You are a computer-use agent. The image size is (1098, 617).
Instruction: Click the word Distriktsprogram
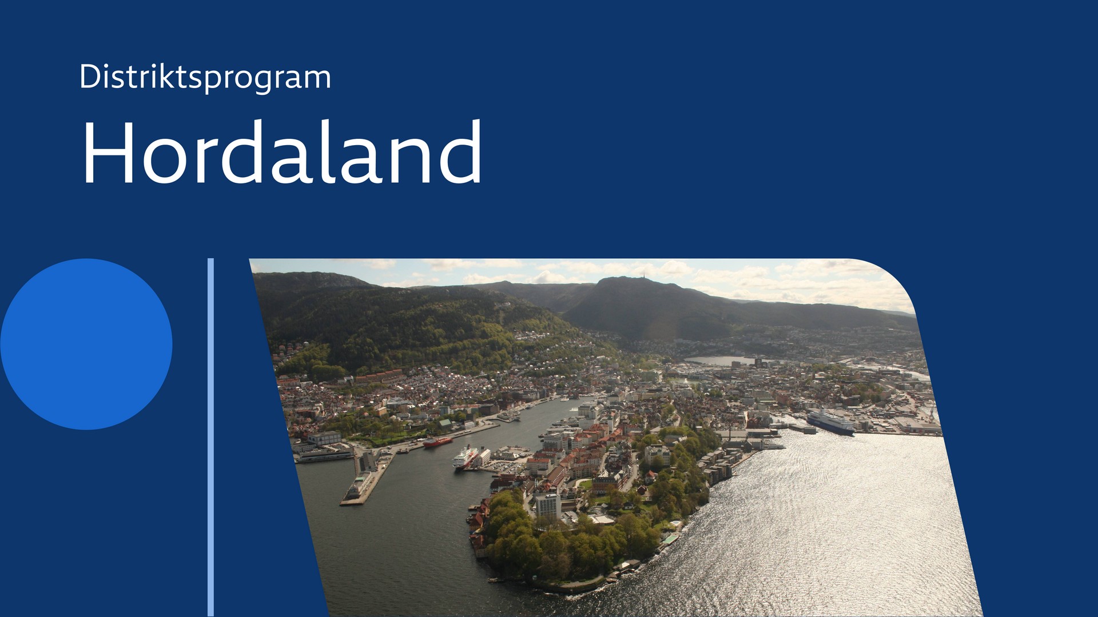click(205, 77)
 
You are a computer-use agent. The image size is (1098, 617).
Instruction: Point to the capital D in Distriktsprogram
click(90, 76)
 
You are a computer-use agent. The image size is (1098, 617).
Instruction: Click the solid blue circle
click(86, 344)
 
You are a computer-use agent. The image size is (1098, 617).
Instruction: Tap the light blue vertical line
click(210, 437)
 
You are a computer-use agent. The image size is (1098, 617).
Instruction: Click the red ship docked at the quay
click(437, 442)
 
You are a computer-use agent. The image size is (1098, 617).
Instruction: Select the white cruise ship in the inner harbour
click(466, 458)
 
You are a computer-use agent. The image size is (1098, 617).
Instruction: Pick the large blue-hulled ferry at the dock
click(830, 422)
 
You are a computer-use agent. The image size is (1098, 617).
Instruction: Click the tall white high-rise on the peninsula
click(548, 505)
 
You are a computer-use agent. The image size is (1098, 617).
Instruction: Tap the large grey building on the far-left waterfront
click(324, 438)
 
